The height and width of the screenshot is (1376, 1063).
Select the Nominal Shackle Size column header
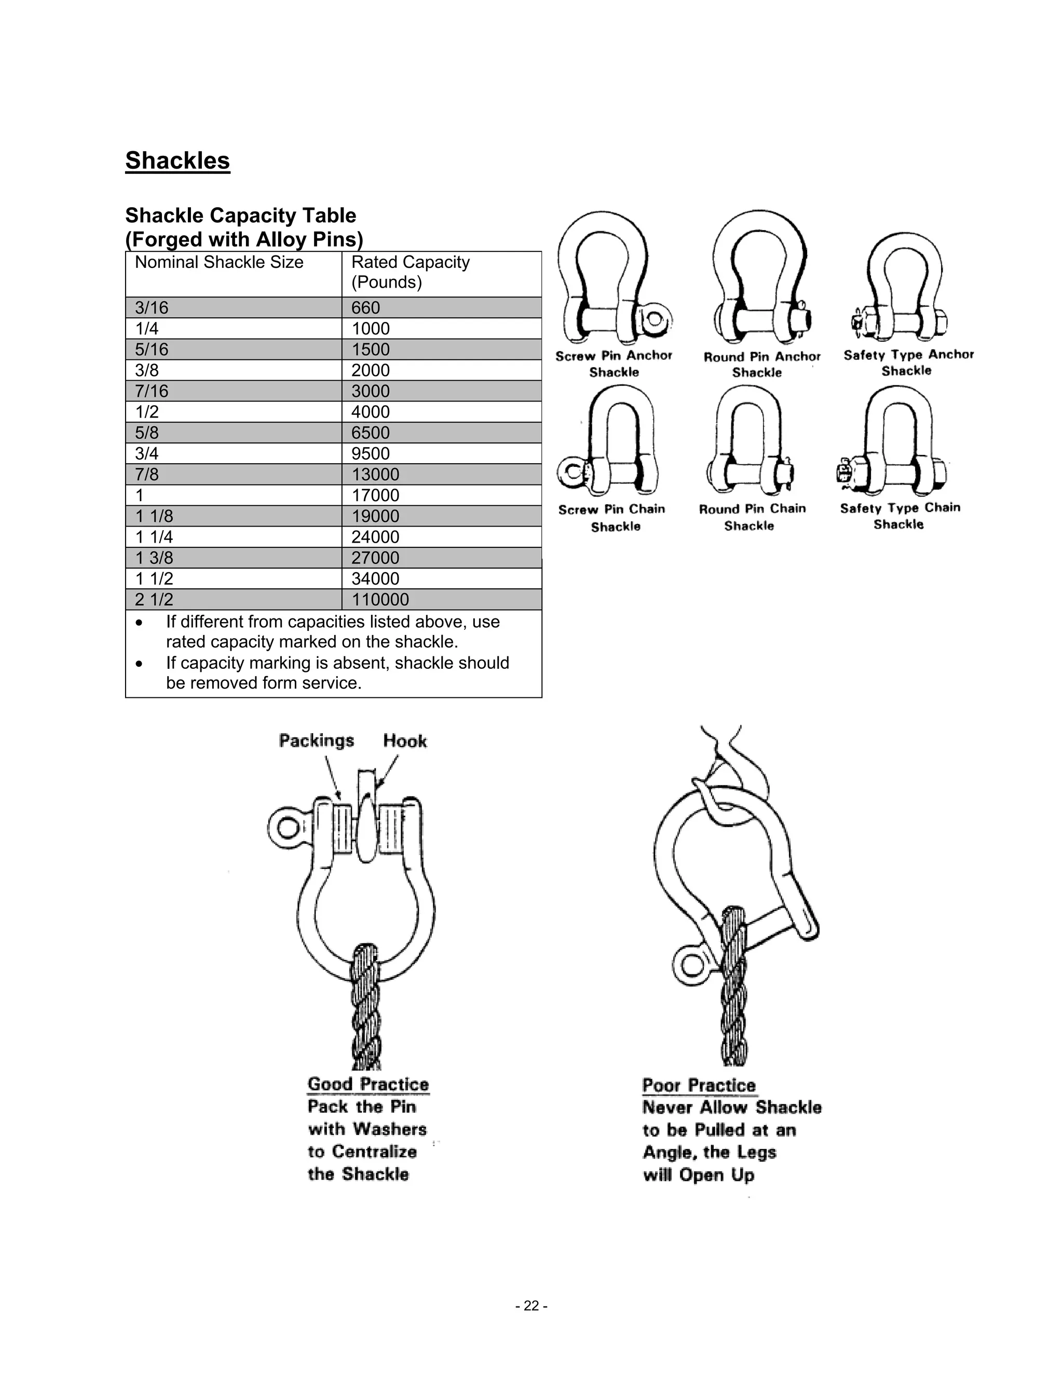point(219,262)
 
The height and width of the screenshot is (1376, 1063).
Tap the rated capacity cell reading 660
point(366,307)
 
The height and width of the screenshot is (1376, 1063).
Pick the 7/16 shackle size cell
point(152,392)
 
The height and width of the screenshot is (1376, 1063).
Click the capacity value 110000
point(380,599)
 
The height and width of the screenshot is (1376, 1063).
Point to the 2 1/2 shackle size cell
point(154,599)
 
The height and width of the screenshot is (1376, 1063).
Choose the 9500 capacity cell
point(371,454)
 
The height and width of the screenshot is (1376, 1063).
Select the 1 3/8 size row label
point(154,558)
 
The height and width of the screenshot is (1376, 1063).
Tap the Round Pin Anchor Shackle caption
point(762,364)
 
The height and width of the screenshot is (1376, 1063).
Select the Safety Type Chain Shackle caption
point(900,516)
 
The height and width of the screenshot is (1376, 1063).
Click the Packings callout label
point(317,740)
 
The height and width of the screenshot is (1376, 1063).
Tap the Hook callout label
point(405,741)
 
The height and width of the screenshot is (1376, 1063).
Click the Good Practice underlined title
point(368,1084)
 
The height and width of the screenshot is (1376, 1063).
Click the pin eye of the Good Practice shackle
point(287,826)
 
